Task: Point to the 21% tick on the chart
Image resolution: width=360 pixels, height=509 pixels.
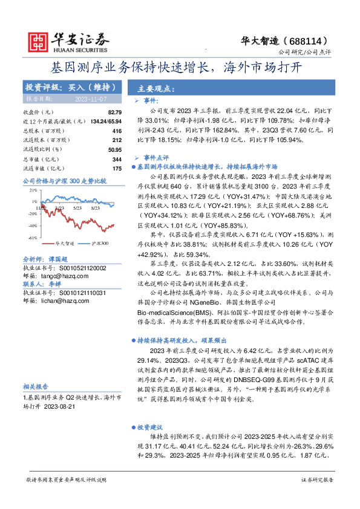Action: point(32,189)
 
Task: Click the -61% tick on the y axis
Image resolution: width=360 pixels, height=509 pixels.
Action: point(31,238)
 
